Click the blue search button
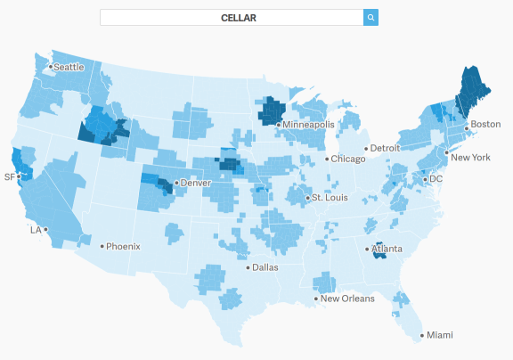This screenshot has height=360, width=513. point(371,17)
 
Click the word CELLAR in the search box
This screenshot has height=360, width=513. point(239,18)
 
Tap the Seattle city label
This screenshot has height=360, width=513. point(69,67)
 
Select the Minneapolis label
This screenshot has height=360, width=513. point(307,125)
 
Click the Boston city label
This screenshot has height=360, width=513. point(484,124)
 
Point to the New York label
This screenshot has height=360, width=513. point(470,158)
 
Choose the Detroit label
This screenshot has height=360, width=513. point(385,148)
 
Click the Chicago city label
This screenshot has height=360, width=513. point(347,159)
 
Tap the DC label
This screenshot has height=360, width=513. point(436,178)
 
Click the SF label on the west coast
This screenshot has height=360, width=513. point(10,176)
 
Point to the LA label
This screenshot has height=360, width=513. point(36,229)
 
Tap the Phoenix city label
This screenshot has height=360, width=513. point(124,246)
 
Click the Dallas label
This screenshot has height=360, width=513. point(265,266)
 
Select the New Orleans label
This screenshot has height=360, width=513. point(346,299)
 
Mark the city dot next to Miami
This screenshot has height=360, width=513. point(421,336)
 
